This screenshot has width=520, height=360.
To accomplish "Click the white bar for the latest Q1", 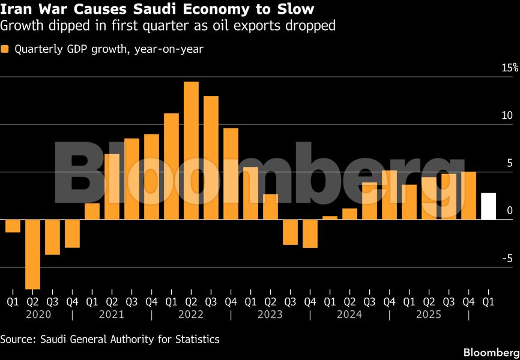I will (488, 206).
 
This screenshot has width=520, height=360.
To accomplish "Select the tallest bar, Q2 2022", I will (191, 151).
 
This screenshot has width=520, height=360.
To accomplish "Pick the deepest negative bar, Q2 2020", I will (32, 254).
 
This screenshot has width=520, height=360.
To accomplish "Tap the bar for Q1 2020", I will (13, 226).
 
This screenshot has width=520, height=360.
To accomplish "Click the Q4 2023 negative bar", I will (310, 233).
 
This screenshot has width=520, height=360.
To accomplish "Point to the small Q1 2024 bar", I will (330, 217).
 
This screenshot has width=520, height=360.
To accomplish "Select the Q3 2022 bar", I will (211, 158).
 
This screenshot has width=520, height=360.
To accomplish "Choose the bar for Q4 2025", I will (468, 196).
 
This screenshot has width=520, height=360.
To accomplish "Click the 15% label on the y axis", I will (510, 68).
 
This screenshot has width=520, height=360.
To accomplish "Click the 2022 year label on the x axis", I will (191, 314).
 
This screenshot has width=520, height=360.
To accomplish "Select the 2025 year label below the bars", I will (429, 314).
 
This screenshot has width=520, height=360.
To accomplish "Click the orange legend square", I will (5, 49).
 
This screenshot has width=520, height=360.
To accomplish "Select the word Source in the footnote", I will (17, 340).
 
